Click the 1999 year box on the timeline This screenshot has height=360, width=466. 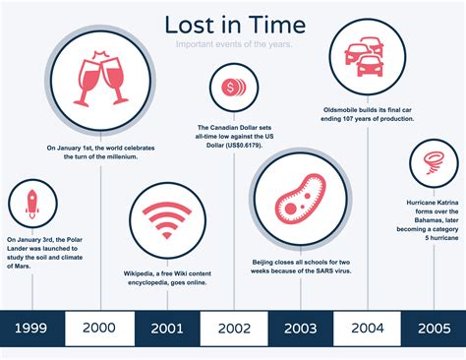point(32,329)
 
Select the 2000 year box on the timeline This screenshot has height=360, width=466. point(99,329)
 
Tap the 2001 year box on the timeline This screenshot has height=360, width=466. point(166,329)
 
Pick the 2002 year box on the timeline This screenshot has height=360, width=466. point(233,329)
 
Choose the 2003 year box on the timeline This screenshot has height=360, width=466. point(300,329)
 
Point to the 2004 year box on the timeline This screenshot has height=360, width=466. point(366,329)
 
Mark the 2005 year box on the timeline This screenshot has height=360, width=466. point(433,329)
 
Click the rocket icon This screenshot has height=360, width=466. point(32,203)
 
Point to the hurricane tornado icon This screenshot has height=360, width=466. point(433,158)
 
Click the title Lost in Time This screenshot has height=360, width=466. point(234,24)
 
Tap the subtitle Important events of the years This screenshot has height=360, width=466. point(234,45)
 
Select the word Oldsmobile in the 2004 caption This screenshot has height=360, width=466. point(345,108)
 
